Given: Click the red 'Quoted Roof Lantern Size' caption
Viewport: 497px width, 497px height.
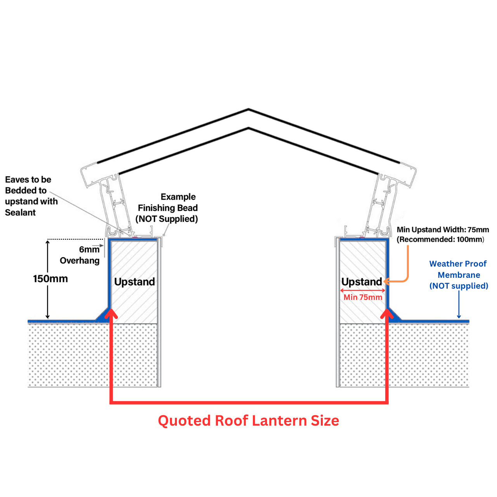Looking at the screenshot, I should tap(248, 421).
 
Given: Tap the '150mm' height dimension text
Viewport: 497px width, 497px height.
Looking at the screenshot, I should tap(50, 279).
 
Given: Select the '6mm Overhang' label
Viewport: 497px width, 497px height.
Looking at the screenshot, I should tap(80, 255).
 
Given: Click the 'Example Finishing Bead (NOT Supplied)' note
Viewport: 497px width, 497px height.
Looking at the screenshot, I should tap(167, 208).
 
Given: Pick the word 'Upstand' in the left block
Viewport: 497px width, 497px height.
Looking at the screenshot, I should tap(134, 282).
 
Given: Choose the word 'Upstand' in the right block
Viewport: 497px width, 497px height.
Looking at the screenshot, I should tap(361, 282).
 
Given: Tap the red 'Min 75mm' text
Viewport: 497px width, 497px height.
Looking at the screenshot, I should tap(363, 297).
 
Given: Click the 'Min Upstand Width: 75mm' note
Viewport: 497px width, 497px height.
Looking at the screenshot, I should tap(443, 230).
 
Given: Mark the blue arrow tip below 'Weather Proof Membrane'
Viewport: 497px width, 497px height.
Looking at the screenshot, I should tap(459, 317).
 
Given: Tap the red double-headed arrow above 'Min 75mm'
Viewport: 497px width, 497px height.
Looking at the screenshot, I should tap(363, 290).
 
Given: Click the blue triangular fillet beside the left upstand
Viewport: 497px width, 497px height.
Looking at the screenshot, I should tap(103, 315).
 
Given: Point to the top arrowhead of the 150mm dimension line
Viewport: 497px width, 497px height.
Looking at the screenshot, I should tap(48, 242).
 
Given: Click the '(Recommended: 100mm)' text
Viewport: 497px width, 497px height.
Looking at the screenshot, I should tap(440, 239).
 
